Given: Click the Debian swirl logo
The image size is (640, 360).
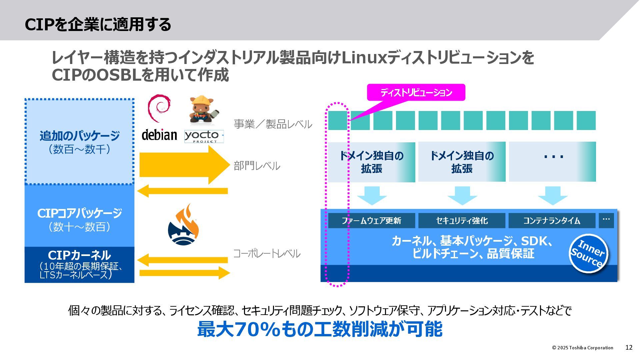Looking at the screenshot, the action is [x=159, y=108].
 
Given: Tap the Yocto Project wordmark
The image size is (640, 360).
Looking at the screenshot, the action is [x=204, y=136].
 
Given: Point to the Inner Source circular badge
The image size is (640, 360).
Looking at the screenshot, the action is [x=588, y=254].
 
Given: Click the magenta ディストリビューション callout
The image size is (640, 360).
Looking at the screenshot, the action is [x=416, y=92].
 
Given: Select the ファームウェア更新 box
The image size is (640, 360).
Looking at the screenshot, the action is [x=371, y=221].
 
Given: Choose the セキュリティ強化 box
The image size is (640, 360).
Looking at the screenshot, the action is [x=462, y=221].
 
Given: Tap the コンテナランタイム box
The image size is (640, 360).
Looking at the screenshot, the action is [x=552, y=221].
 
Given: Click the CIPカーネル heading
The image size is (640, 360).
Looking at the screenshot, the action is [x=79, y=255].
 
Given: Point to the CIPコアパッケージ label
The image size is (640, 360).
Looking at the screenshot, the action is [x=79, y=213].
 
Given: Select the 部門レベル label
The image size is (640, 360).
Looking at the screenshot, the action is [x=257, y=166].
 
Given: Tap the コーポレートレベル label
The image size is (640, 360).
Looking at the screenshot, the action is [x=266, y=254].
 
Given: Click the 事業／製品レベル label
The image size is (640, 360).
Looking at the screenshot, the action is [x=273, y=124].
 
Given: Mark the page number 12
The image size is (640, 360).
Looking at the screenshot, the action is [x=629, y=348].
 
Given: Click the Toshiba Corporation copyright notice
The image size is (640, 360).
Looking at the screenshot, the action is [x=582, y=348].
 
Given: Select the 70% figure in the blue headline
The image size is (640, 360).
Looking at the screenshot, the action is [x=257, y=329].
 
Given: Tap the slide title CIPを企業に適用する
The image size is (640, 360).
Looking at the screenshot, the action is [x=98, y=24].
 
